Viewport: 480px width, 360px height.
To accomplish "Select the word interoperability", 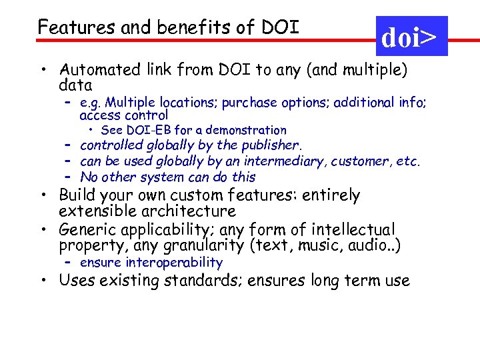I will pyautogui.click(x=174, y=263).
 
